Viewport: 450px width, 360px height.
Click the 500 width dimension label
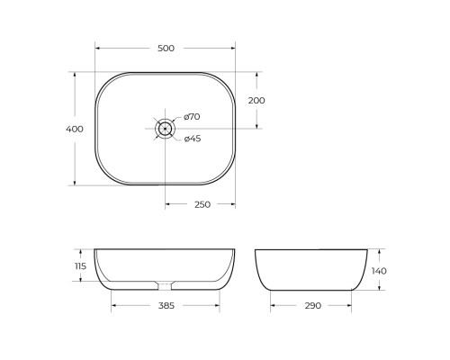165,48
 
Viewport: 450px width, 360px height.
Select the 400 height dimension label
75,129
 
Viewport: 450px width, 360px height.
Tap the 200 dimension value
256,101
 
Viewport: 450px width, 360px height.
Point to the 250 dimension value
202,204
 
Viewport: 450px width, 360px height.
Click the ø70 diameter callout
192,117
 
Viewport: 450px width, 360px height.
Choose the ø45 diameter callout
192,139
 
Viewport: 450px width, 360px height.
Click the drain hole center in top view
165,129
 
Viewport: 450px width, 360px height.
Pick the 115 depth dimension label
80,265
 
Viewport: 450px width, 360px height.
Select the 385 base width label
166,306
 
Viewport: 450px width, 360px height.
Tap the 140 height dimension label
380,270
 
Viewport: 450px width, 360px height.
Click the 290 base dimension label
312,306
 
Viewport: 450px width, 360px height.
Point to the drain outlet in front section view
165,286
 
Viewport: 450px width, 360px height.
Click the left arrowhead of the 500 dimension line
97,48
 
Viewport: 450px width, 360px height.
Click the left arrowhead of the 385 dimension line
113,306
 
